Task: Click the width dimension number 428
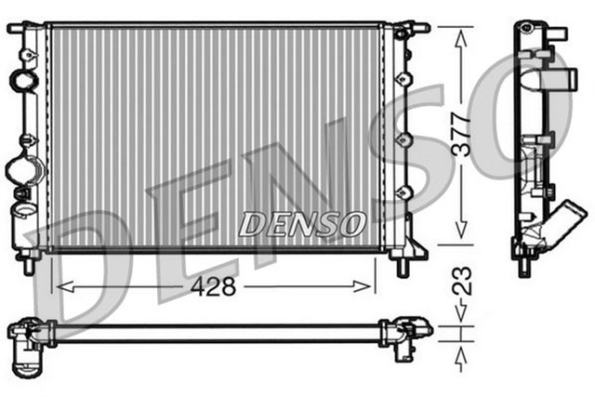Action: tap(215, 287)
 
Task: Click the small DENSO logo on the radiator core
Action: tap(303, 224)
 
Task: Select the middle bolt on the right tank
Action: tap(403, 139)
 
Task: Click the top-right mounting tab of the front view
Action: tap(416, 29)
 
